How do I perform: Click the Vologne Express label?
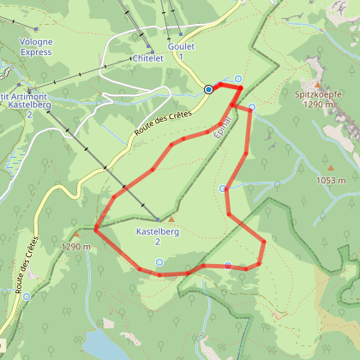coord(35,46)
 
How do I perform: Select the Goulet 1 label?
coord(182,51)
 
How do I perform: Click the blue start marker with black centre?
coord(208,88)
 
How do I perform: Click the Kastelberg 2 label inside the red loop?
coord(158,236)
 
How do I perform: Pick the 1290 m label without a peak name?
coord(76,247)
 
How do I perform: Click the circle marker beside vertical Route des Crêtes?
coord(27,297)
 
